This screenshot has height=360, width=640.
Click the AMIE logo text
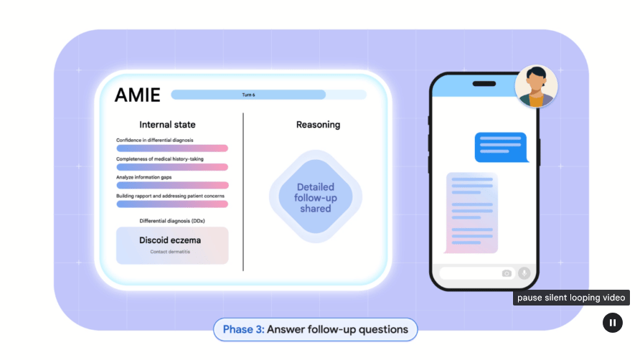(138, 95)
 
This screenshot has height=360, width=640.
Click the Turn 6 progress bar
(248, 95)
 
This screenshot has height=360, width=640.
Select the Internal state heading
(167, 125)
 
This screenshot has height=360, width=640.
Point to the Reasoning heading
(318, 125)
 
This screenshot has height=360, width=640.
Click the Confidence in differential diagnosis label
(154, 140)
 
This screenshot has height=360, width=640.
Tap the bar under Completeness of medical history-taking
(172, 167)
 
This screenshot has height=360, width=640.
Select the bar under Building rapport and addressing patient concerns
(172, 204)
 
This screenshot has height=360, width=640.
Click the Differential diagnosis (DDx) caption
(172, 221)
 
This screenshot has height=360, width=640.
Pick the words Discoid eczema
(170, 240)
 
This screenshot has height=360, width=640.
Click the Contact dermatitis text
(170, 252)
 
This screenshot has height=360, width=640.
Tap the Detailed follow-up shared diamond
(316, 197)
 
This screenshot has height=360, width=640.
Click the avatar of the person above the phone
(536, 87)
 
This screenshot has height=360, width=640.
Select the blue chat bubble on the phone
(501, 146)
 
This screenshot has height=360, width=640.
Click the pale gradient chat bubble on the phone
(471, 212)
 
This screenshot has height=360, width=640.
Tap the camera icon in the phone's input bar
(507, 273)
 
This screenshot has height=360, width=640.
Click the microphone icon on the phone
(524, 273)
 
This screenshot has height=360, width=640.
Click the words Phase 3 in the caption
(242, 330)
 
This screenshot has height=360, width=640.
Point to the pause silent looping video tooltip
(571, 298)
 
